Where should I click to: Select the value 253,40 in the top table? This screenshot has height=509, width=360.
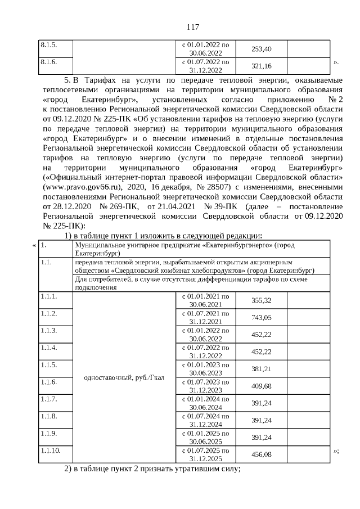(x=261, y=49)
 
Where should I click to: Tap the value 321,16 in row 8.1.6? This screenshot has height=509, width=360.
(x=261, y=66)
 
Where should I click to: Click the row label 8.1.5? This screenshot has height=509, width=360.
(x=48, y=44)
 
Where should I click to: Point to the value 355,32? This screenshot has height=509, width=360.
(x=261, y=301)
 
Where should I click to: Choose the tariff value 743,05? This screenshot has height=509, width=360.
(x=261, y=318)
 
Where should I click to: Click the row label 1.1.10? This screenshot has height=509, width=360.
(x=50, y=451)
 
